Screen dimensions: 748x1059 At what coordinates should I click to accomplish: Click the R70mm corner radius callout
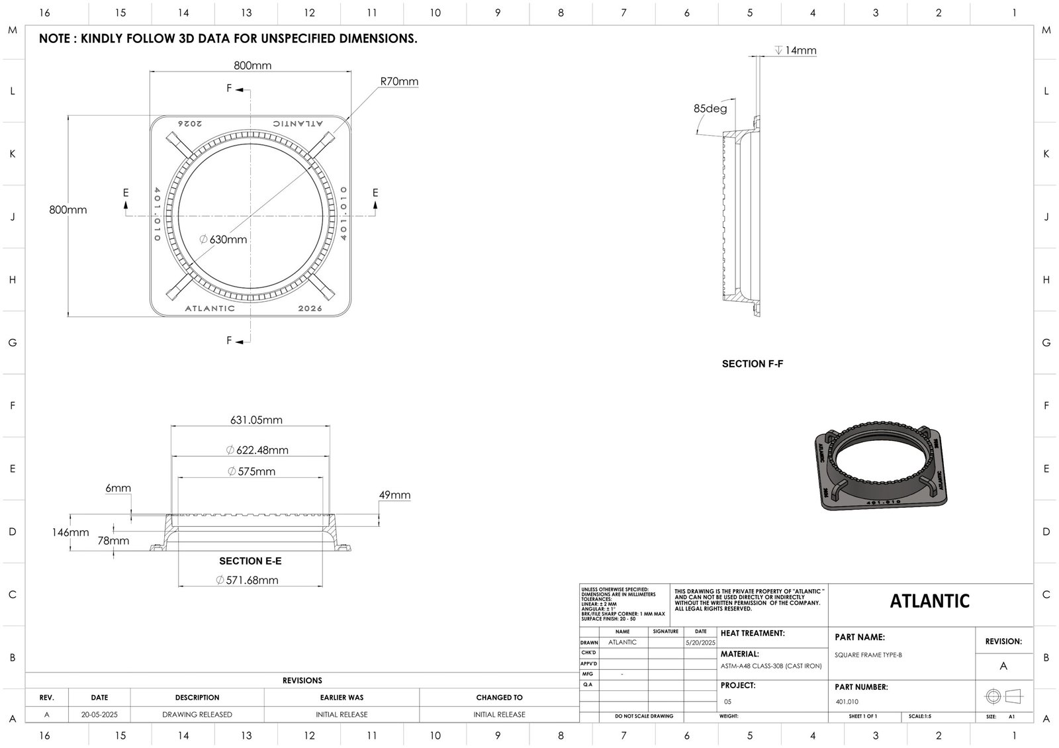(399, 81)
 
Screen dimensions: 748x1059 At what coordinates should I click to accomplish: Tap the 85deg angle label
(710, 109)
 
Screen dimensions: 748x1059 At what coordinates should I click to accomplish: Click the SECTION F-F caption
(753, 363)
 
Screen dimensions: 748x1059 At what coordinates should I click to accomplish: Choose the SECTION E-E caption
(250, 561)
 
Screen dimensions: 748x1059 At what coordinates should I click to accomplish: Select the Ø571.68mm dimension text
(248, 581)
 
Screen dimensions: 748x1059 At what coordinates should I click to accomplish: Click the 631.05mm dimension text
(256, 420)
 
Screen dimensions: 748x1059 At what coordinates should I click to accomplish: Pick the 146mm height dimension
(70, 532)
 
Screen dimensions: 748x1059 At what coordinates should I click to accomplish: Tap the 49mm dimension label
(394, 495)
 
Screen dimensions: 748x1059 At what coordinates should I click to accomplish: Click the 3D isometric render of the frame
(882, 467)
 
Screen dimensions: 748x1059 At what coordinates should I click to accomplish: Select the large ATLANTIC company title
(929, 601)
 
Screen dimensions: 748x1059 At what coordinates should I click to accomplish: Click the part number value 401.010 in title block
(847, 702)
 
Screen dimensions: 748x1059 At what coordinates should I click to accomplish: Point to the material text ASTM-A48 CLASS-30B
(770, 666)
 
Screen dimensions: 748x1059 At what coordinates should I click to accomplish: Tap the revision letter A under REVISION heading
(1003, 666)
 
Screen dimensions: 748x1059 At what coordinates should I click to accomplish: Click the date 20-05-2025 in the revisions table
(99, 714)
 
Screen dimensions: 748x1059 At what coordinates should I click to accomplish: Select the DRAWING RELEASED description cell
(197, 714)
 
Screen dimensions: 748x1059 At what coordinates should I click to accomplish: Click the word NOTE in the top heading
(56, 38)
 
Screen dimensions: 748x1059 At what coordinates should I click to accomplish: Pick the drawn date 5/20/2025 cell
(700, 642)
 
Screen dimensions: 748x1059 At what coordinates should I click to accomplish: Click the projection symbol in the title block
(1003, 696)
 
